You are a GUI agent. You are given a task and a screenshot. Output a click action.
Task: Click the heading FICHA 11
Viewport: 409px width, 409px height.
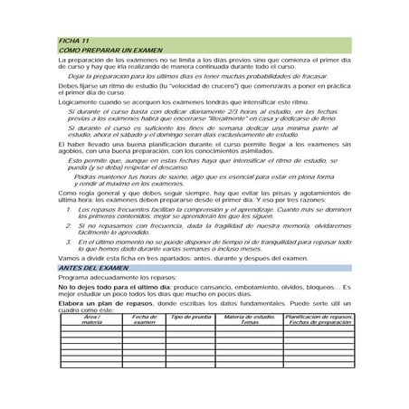pos(73,43)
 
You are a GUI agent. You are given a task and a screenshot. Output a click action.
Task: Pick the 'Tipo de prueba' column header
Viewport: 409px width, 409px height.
pos(191,317)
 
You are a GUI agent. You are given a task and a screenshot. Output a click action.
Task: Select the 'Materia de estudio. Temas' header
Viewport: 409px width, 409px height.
pos(249,319)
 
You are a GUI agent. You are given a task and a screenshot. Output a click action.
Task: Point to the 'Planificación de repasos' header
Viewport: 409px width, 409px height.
pos(316,317)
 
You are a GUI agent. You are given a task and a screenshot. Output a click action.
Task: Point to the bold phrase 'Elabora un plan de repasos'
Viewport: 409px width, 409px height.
pos(102,303)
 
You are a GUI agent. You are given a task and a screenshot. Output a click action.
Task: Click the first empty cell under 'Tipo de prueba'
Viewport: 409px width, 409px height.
pos(191,328)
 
